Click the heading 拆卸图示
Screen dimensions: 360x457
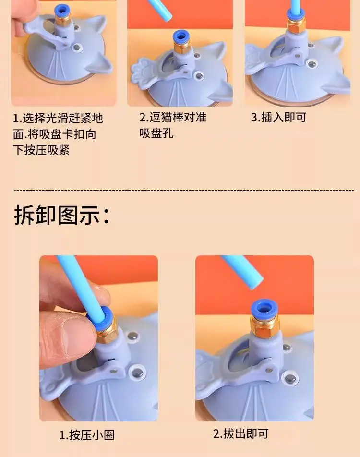coord(62,215)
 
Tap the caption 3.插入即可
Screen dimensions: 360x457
coord(278,118)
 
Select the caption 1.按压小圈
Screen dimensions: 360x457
coord(86,435)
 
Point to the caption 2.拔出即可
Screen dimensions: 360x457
coord(240,433)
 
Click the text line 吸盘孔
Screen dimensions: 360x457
coord(156,133)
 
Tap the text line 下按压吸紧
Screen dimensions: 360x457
coord(41,150)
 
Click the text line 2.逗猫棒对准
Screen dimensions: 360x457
coord(173,118)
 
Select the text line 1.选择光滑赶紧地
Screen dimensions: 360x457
coord(58,118)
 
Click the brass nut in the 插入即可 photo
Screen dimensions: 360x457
coord(297,25)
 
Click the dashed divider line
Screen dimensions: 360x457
coord(184,190)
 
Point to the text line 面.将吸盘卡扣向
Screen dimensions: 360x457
coord(55,134)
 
